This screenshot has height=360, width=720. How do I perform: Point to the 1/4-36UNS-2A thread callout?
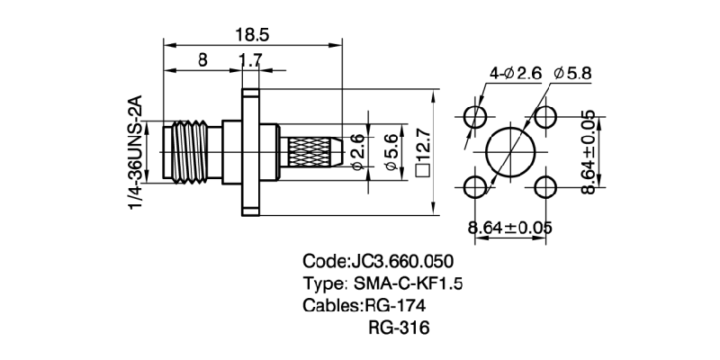pos(134,153)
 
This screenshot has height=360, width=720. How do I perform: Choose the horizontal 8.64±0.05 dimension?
pos(509,227)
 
